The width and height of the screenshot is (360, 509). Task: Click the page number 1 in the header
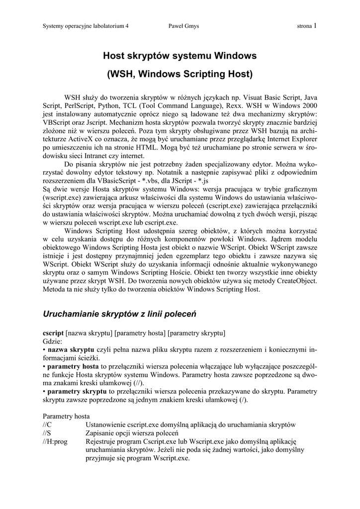click(315, 25)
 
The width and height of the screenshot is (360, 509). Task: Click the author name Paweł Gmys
click(183, 26)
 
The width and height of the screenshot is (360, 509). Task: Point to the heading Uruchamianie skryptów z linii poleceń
click(120, 314)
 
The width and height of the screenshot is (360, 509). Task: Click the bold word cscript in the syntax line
click(53, 333)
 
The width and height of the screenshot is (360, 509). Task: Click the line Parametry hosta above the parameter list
click(66, 417)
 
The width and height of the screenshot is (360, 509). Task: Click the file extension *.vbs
click(160, 181)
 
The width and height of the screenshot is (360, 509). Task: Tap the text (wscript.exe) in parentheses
click(64, 198)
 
